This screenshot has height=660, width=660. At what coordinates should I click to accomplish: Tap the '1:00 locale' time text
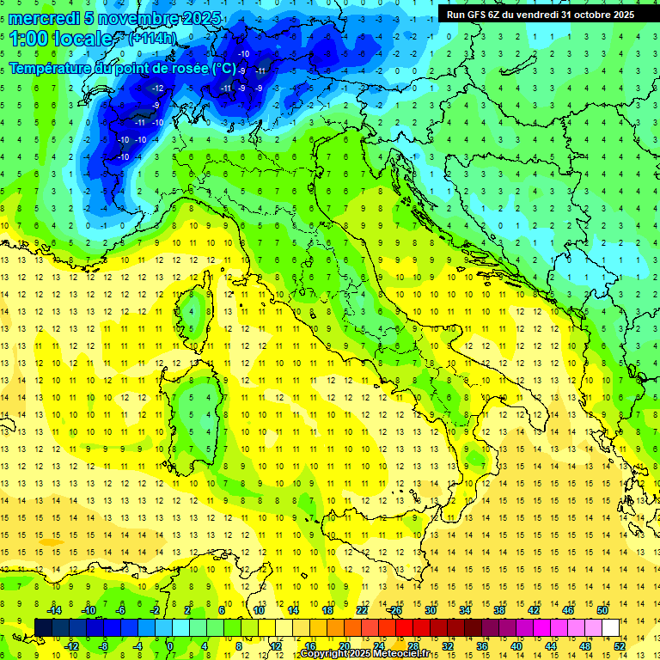(61, 39)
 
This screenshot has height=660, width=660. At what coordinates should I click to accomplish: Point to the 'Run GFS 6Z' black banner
(540, 14)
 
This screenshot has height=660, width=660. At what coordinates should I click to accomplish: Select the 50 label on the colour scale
(602, 609)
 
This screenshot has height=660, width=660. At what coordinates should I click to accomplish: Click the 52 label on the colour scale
(620, 645)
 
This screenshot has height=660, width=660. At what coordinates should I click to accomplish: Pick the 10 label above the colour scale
(259, 609)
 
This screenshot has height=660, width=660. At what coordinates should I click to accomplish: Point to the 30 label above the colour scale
(431, 609)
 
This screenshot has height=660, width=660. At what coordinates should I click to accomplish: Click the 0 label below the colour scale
(169, 645)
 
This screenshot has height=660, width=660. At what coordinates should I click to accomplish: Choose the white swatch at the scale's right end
(610, 627)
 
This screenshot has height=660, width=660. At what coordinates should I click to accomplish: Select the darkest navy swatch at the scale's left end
(43, 627)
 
